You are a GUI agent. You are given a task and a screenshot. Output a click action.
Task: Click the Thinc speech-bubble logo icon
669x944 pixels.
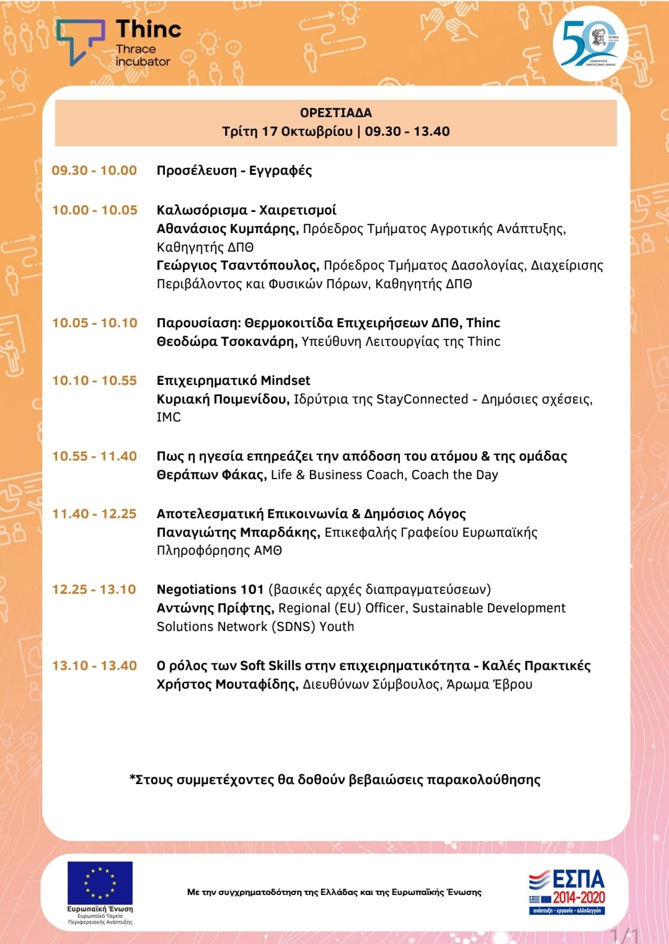[x=80, y=41]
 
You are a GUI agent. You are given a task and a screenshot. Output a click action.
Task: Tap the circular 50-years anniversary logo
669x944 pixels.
[x=590, y=43]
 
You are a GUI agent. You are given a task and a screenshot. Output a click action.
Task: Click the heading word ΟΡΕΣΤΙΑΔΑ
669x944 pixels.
[x=335, y=113]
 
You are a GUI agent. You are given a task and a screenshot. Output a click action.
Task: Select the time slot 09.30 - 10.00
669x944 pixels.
[x=94, y=170]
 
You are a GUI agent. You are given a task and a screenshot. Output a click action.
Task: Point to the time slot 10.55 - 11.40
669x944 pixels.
[x=94, y=456]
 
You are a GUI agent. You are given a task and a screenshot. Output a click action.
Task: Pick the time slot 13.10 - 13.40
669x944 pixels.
[x=94, y=666]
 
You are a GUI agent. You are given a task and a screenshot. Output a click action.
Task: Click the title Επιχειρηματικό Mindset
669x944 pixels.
[x=233, y=381]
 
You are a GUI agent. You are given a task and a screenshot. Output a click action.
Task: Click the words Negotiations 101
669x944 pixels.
[x=210, y=589]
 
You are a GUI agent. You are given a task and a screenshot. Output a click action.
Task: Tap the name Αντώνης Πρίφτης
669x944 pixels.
[x=215, y=608]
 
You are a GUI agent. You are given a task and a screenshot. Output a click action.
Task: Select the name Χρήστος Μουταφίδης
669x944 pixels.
[x=228, y=684]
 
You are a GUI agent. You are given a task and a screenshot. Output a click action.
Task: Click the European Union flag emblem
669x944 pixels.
[x=100, y=883]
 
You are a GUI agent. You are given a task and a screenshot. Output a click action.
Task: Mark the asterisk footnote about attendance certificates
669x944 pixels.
[x=335, y=780]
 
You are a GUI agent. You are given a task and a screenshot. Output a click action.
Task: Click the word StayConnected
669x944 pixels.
[x=422, y=399]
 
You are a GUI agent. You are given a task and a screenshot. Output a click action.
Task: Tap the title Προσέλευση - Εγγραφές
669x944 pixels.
[x=234, y=170]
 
